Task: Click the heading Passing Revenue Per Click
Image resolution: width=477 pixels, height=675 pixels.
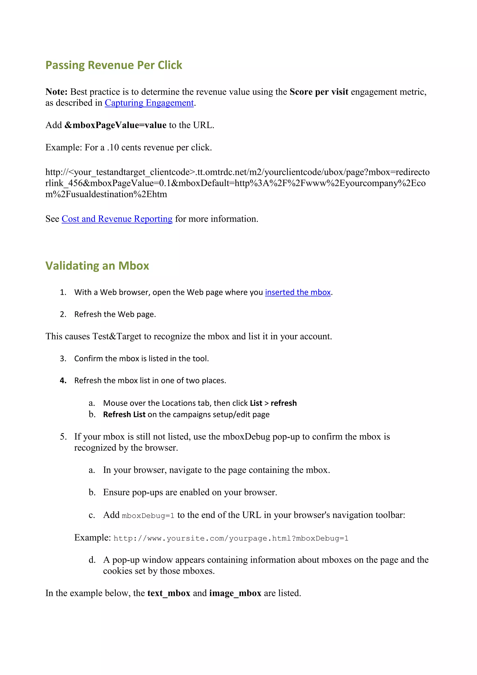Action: pos(114,65)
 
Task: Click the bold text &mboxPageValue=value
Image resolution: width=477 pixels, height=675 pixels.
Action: pos(116,125)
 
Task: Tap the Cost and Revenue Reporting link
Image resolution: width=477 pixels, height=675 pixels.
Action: pos(117,219)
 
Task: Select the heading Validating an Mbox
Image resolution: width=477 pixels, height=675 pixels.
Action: pos(97,266)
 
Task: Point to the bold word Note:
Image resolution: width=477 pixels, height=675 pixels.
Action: pos(56,92)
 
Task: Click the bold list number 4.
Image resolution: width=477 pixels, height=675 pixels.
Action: pos(63,381)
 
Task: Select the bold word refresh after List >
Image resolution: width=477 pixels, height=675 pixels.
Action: pos(283,403)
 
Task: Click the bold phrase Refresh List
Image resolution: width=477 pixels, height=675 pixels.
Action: pos(124,414)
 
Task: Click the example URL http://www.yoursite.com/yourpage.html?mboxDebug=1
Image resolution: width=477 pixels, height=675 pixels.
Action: pos(231,538)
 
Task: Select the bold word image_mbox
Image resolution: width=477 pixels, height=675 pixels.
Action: pos(235,593)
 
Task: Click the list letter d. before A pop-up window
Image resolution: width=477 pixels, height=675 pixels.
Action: pos(92,560)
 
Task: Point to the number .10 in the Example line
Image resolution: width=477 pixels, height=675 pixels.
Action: pos(113,148)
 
